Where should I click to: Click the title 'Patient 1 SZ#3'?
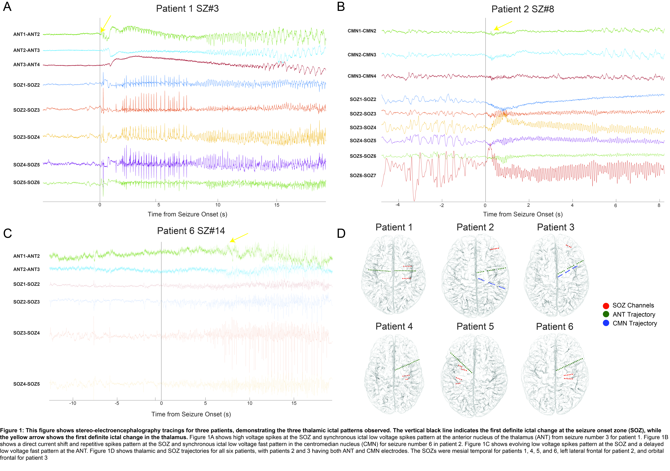187,8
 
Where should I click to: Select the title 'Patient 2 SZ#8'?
523,9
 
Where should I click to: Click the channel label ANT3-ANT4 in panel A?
27,65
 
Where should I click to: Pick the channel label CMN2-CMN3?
362,55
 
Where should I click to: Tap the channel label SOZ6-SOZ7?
363,175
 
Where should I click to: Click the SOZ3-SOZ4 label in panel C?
27,333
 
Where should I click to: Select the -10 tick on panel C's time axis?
73,403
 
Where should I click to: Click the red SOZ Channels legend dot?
606,306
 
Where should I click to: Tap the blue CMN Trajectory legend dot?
606,323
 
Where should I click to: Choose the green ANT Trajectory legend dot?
606,314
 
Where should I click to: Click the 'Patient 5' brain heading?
475,326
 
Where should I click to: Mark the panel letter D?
341,233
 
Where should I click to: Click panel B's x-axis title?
523,214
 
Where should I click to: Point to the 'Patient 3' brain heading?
556,227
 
